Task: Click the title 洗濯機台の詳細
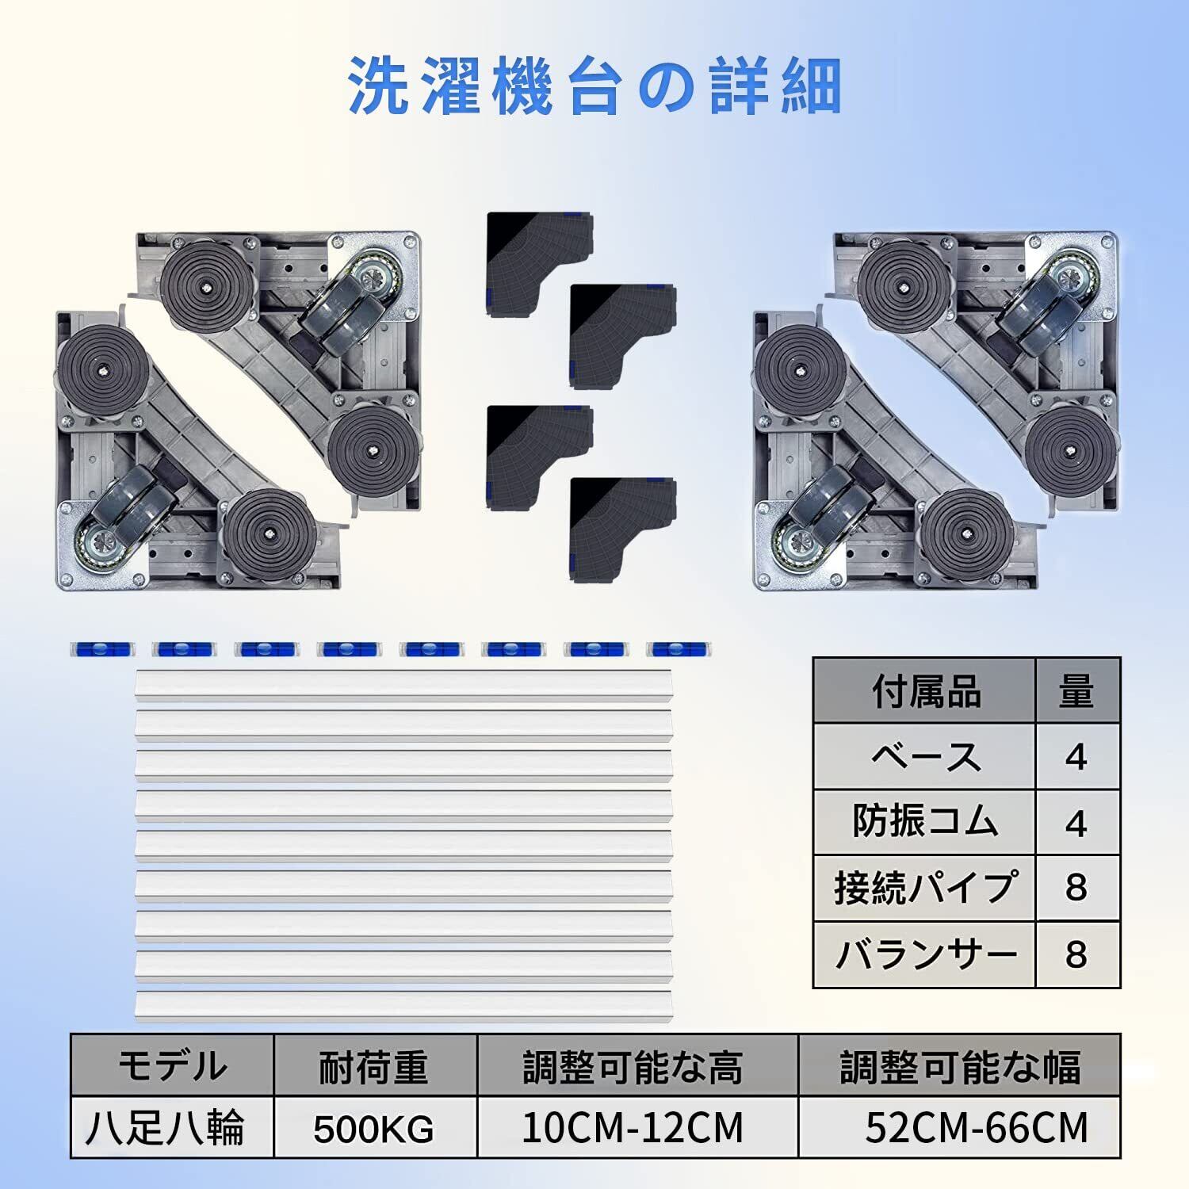tap(594, 87)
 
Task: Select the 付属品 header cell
tap(925, 691)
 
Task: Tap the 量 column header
tap(1076, 691)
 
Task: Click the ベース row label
tap(925, 757)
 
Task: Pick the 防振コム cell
tap(925, 823)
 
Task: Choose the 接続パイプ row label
tap(925, 888)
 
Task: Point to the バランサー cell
tap(925, 954)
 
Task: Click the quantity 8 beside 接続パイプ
tap(1076, 888)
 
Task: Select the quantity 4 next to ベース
tap(1076, 757)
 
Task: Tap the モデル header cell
tap(172, 1066)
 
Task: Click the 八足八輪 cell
tap(172, 1127)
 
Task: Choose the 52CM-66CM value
tap(975, 1127)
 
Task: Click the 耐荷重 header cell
tap(374, 1066)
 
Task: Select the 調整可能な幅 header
tap(959, 1066)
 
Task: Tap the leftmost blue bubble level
tap(102, 649)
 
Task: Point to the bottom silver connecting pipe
tap(403, 1005)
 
